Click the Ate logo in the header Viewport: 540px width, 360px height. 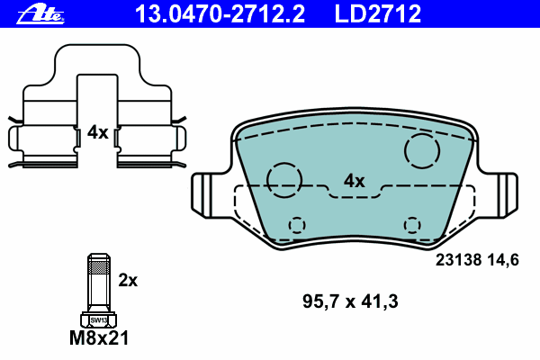40,14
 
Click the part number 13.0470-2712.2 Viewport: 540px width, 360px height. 220,14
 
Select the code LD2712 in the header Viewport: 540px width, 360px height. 378,14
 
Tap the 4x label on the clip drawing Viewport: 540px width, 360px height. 97,132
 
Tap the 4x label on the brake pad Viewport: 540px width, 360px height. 354,181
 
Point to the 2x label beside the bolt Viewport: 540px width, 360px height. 128,281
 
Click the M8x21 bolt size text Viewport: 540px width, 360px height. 99,338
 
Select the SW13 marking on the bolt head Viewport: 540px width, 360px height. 99,320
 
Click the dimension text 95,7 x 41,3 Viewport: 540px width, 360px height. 350,301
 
